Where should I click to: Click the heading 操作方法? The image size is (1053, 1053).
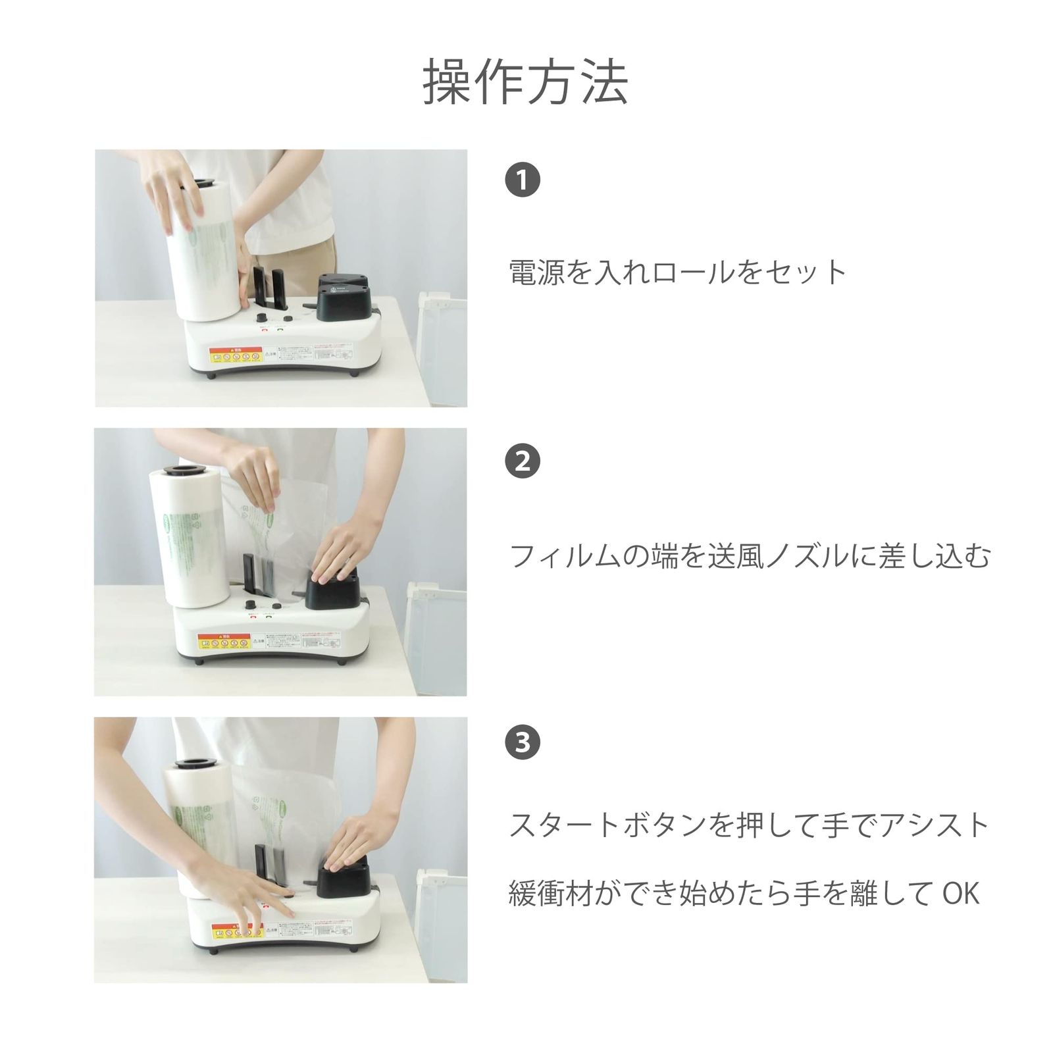[525, 82]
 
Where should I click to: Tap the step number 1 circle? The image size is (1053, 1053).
[523, 180]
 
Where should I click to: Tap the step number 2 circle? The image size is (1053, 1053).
[523, 461]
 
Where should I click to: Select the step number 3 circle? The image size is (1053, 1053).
[523, 742]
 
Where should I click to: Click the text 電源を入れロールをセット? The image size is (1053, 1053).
[677, 272]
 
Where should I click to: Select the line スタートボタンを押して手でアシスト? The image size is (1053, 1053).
[750, 825]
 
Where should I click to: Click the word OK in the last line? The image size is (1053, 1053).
[961, 894]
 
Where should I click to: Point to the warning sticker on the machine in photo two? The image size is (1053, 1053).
[224, 640]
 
